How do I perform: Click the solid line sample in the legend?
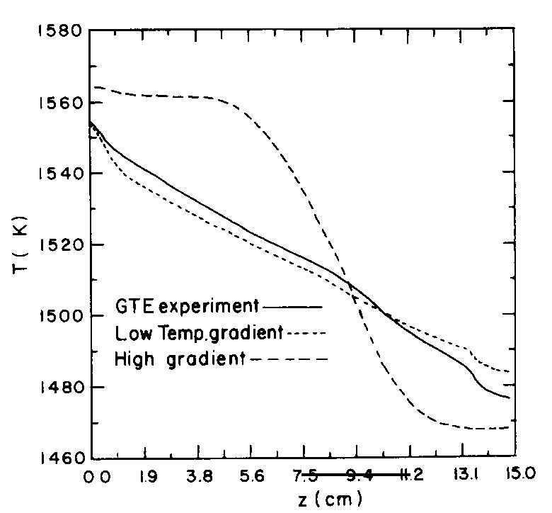pos(292,307)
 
